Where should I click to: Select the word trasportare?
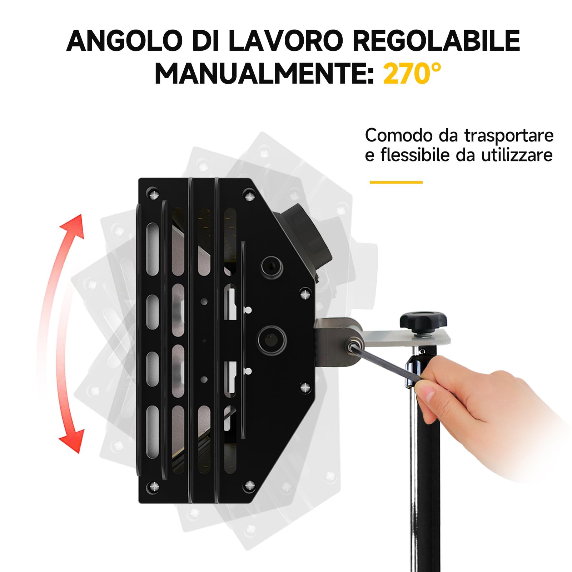(x=509, y=136)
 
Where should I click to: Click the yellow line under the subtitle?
(x=396, y=182)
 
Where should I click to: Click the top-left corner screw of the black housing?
(x=154, y=195)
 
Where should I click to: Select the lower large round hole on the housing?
(x=272, y=339)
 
